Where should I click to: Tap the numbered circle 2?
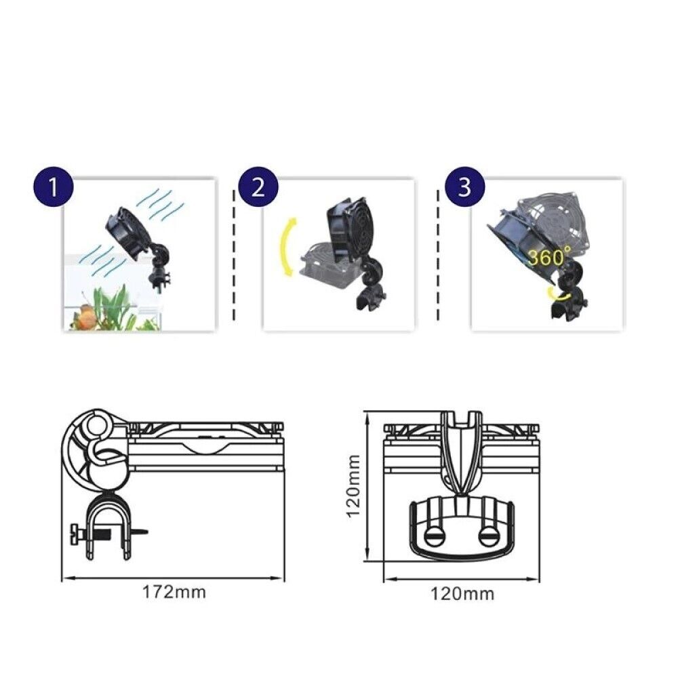[x=258, y=186]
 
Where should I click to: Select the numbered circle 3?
[x=464, y=186]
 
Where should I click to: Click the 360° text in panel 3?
[x=550, y=258]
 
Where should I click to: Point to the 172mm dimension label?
[x=174, y=592]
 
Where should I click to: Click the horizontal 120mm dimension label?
[x=462, y=595]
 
